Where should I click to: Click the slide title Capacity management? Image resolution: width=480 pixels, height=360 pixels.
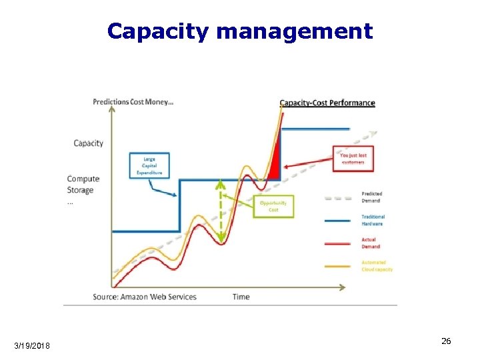tap(239, 31)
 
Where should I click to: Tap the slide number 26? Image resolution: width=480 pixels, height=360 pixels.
tap(446, 341)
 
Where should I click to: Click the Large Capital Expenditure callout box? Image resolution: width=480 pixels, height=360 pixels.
tap(149, 166)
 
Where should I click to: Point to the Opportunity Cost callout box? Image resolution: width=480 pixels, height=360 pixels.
tap(273, 206)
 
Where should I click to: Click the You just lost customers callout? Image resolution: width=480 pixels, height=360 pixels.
tap(353, 159)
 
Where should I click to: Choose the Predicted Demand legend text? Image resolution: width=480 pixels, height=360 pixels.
tap(371, 197)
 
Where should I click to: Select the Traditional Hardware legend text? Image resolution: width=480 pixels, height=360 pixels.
tap(373, 220)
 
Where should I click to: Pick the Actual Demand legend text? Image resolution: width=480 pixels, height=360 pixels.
tap(370, 243)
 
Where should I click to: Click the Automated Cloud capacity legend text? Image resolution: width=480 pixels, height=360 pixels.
tap(377, 266)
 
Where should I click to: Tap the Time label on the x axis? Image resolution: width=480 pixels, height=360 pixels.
tap(241, 297)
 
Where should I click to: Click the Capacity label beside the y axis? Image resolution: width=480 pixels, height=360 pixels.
tap(88, 143)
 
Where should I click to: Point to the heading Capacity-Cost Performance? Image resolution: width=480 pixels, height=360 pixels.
tap(327, 103)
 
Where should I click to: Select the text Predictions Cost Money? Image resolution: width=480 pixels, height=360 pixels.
tap(133, 102)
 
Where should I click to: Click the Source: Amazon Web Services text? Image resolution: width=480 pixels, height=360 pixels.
tap(145, 297)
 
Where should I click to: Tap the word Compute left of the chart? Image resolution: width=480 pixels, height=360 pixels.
tap(83, 179)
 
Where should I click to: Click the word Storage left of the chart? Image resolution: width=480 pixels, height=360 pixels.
tap(81, 190)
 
